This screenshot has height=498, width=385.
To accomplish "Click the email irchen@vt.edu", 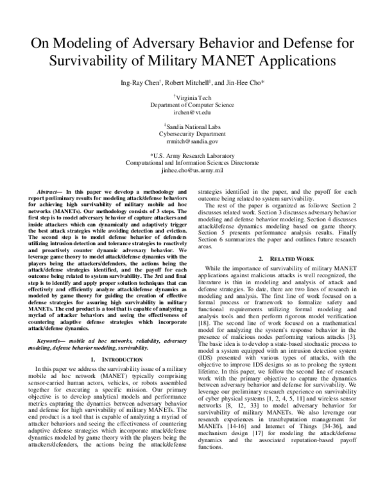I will tap(193, 112).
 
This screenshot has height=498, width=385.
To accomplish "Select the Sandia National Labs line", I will tap(193, 126).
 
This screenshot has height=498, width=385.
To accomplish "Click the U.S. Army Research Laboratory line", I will tap(193, 156).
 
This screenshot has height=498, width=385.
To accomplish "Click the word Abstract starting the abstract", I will tap(50, 192).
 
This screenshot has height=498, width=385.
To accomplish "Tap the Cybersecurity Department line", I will tap(193, 133).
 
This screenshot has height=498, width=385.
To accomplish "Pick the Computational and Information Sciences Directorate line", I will tap(193, 164).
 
